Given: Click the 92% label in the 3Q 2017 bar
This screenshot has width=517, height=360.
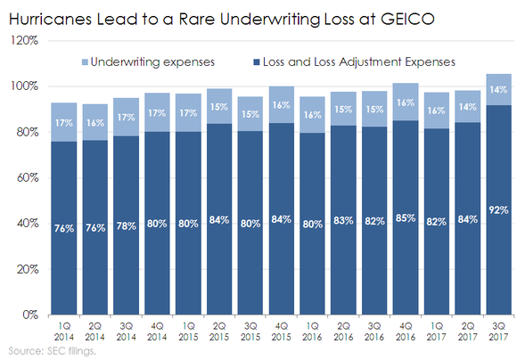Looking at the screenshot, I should point(497,210).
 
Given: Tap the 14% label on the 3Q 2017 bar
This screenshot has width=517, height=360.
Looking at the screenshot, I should point(497,90).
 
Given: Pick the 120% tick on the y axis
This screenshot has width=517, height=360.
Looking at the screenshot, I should point(24,41).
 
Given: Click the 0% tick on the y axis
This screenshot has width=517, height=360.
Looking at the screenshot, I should point(29,315).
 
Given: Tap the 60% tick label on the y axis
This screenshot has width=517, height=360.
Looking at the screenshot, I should point(27,178).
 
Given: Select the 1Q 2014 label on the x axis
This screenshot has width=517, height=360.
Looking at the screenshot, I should point(62,330).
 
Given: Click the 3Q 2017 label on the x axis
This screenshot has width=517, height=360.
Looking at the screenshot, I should point(497,330).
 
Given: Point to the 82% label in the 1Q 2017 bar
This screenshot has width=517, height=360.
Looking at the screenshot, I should point(435,221).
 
